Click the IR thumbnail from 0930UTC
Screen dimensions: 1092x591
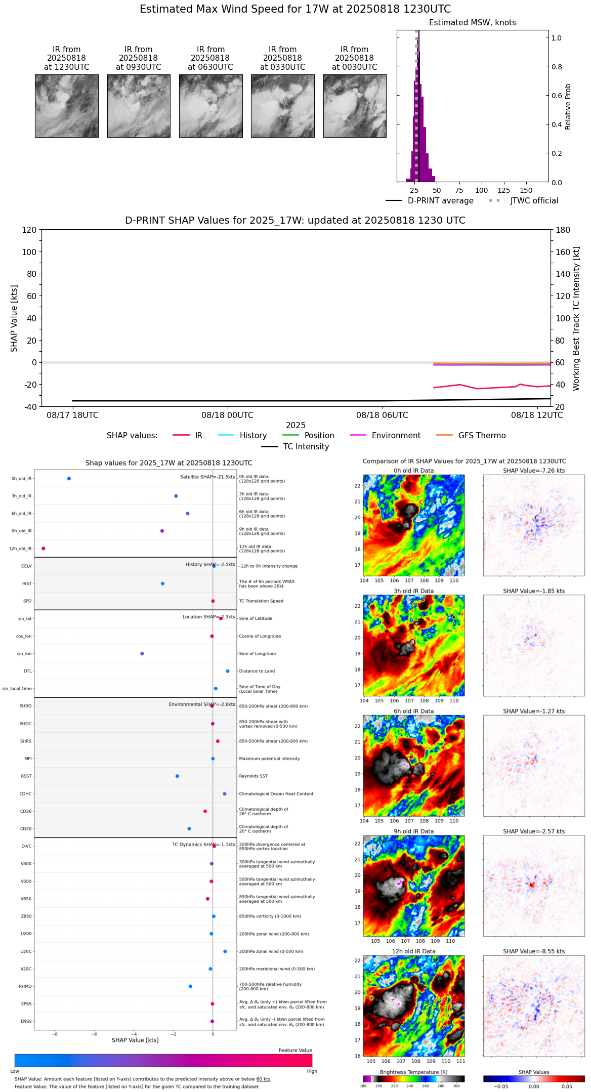point(139,106)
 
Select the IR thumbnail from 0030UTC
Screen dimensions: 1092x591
point(355,106)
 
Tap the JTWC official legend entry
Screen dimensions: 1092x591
point(534,201)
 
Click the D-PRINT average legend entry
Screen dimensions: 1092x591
point(440,201)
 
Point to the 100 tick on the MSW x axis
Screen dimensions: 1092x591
point(481,190)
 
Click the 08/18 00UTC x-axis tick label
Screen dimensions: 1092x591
point(227,415)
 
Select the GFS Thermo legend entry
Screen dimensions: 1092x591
point(482,436)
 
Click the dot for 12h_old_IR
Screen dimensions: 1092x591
point(44,549)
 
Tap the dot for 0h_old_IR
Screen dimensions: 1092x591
point(69,479)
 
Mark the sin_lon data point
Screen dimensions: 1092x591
point(142,654)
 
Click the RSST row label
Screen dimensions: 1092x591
point(26,776)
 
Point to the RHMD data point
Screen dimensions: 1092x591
point(190,986)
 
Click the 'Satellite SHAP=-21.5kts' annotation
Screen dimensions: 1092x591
point(207,477)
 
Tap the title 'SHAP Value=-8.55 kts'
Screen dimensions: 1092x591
point(534,951)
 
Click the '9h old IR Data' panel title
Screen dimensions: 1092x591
point(413,831)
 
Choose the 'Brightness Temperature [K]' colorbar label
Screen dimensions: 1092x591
point(413,1072)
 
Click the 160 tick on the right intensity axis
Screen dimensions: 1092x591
point(563,252)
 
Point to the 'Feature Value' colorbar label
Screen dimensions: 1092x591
point(295,1051)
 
